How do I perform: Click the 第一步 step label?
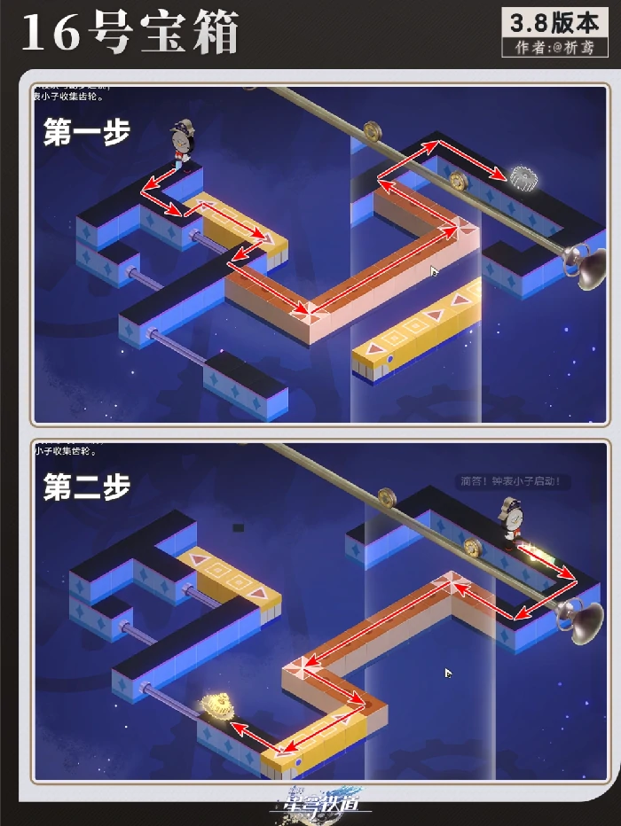[x=87, y=132]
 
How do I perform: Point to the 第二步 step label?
[x=87, y=487]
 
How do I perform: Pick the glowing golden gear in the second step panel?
[x=217, y=707]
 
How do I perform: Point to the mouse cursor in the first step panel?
[x=434, y=271]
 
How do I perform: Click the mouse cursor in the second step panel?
[x=449, y=674]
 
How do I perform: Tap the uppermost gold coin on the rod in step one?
[x=373, y=131]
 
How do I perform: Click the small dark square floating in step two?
[x=238, y=527]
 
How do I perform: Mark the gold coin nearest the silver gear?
[x=459, y=181]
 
